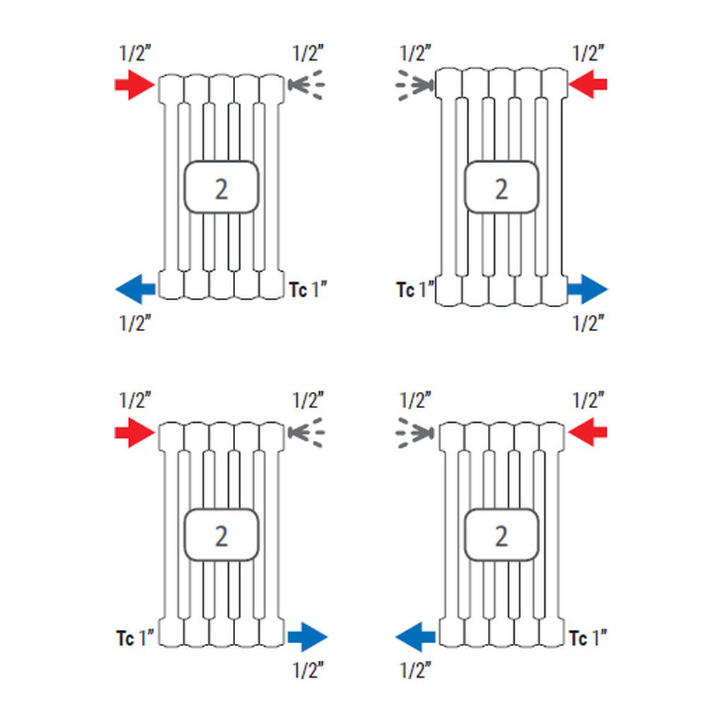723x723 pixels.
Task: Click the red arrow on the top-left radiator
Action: pyautogui.click(x=134, y=85)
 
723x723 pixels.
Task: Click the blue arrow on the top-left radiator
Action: pyautogui.click(x=135, y=288)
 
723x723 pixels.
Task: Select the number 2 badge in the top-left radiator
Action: pyautogui.click(x=221, y=188)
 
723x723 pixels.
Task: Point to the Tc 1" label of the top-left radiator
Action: pyautogui.click(x=309, y=289)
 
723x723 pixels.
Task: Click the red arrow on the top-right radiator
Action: pyautogui.click(x=587, y=85)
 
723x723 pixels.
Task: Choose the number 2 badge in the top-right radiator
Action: pyautogui.click(x=501, y=188)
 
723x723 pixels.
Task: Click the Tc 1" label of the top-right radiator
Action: pyautogui.click(x=415, y=289)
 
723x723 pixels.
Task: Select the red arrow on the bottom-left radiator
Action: pyautogui.click(x=134, y=433)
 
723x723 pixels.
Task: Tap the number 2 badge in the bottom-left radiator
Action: pyautogui.click(x=221, y=535)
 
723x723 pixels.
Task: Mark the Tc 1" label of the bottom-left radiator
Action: pyautogui.click(x=135, y=638)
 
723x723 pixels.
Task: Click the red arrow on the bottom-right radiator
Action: pyautogui.click(x=587, y=433)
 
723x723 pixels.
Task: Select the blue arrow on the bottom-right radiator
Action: pyautogui.click(x=414, y=637)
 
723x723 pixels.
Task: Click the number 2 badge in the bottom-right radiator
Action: pyautogui.click(x=501, y=535)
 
